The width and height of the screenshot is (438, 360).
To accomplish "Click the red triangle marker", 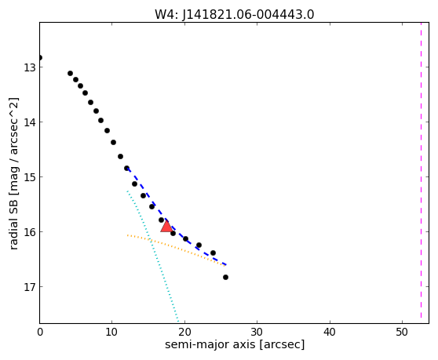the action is pos(166,227).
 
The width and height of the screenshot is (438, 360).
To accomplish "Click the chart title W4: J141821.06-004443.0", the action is pos(235,14).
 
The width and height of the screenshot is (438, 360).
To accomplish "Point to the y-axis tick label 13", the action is pos(29,67).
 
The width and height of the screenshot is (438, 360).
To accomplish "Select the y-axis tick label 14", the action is pos(29,122).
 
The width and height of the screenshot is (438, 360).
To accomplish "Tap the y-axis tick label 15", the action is pos(29,177).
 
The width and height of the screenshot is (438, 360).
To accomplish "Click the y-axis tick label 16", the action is pos(29,231).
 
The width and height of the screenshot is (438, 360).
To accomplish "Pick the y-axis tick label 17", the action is pos(29,286).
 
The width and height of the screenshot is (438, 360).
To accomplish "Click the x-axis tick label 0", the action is pos(40,332).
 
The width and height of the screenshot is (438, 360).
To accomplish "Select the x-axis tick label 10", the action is pos(112,332).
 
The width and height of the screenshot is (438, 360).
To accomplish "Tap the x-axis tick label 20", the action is pos(184,332).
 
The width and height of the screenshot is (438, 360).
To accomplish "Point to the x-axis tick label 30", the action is pos(257,332).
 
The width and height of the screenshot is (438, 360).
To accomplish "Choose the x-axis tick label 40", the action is pos(330,332).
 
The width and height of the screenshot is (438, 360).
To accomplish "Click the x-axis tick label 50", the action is pos(402,332).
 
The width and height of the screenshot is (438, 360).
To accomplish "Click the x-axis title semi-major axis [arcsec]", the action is pos(235,344).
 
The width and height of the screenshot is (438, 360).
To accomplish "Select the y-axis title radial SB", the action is pos(13,223).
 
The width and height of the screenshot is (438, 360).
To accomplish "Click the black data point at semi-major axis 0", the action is pos(40,58).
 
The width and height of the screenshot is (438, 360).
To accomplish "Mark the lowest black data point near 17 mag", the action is pos(225,277).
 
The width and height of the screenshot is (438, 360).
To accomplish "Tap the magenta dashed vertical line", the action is pos(421,170).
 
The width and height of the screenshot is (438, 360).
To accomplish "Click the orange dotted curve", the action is pos(177,248).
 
